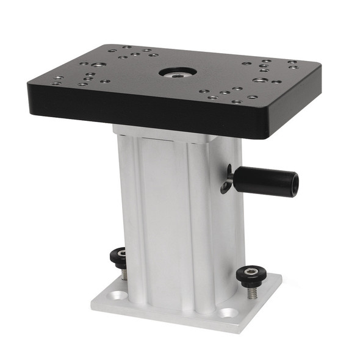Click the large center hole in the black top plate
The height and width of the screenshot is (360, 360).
pyautogui.click(x=178, y=72)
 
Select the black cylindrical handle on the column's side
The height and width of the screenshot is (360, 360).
pyautogui.click(x=265, y=180)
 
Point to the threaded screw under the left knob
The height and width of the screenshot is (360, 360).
pyautogui.click(x=123, y=272)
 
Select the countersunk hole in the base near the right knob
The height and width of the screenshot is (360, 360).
pyautogui.click(x=228, y=312)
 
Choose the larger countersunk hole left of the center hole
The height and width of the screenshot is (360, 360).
pyautogui.click(x=99, y=64)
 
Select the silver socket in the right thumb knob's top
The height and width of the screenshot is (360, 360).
pyautogui.click(x=250, y=270)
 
